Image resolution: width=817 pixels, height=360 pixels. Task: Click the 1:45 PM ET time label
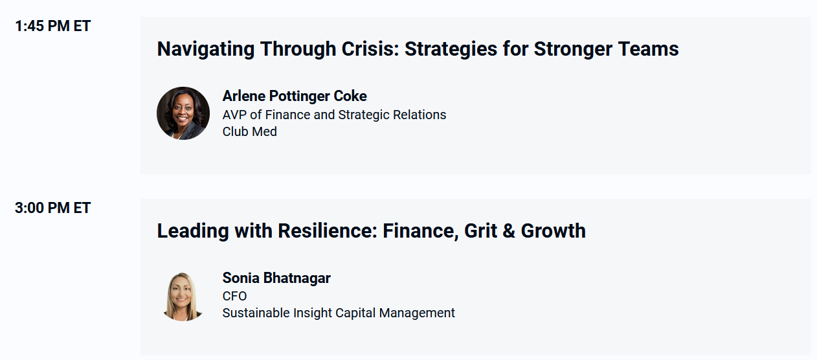pos(53,27)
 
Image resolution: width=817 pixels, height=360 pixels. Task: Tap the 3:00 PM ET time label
pos(53,208)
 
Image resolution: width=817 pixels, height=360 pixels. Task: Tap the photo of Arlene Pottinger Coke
pos(183,113)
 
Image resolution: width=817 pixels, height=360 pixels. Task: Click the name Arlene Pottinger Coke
pos(295,96)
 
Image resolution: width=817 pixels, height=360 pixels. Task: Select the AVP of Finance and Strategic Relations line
pos(334,115)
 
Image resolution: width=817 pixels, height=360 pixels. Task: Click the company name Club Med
pos(250,131)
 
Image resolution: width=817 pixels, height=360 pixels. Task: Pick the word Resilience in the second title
pos(328,231)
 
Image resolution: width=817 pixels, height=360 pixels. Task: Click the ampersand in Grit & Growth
pos(509,231)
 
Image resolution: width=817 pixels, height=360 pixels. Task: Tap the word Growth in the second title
pos(554,231)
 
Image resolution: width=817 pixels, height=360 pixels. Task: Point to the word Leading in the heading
pos(193,232)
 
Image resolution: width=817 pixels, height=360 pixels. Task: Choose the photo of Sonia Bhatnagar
pos(183,297)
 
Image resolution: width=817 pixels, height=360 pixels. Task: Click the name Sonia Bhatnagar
pos(276,278)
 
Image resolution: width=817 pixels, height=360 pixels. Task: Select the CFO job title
pos(234,296)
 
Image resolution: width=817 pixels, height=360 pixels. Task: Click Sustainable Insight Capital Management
pos(339,313)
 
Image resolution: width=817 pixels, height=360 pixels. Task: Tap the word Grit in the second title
pos(480,231)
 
